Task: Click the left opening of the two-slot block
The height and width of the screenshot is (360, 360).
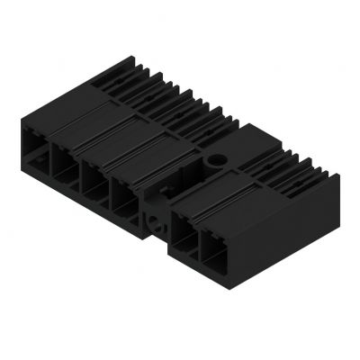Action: (184, 231)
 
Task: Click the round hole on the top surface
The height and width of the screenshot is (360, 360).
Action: (216, 162)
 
